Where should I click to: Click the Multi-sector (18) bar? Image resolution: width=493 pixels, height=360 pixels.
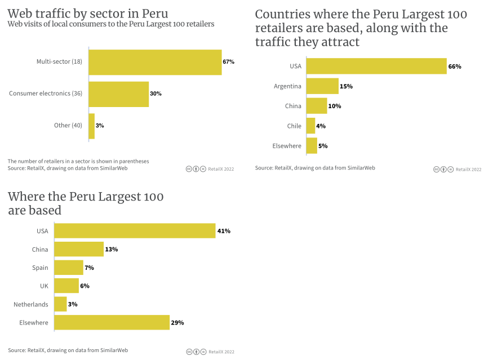155,62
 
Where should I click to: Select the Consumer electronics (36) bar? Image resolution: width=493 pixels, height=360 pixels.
118,94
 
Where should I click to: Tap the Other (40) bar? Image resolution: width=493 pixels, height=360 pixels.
92,126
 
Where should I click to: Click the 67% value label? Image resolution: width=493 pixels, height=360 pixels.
228,62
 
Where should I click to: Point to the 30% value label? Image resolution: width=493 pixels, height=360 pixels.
156,94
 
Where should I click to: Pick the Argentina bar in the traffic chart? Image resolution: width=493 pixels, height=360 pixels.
322,86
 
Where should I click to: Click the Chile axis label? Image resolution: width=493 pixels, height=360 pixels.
294,126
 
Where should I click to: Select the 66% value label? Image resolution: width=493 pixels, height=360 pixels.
455,66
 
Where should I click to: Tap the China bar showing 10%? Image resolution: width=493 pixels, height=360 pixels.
317,106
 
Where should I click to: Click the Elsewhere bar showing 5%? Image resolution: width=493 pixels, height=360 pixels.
312,146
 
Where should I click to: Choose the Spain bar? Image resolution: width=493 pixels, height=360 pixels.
69,268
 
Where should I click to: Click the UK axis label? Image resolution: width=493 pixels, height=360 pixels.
44,286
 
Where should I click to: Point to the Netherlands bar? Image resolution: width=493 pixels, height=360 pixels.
61,304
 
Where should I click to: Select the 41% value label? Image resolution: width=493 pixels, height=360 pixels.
224,231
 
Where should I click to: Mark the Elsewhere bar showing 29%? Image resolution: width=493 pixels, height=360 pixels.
112,323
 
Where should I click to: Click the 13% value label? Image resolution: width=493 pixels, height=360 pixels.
112,250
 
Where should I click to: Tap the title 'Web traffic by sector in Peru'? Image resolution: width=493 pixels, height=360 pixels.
87,13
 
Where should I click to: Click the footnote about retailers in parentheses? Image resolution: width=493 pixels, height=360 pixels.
78,161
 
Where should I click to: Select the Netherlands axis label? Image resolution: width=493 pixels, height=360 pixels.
31,305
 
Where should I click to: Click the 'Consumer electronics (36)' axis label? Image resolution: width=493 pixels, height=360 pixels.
46,94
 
